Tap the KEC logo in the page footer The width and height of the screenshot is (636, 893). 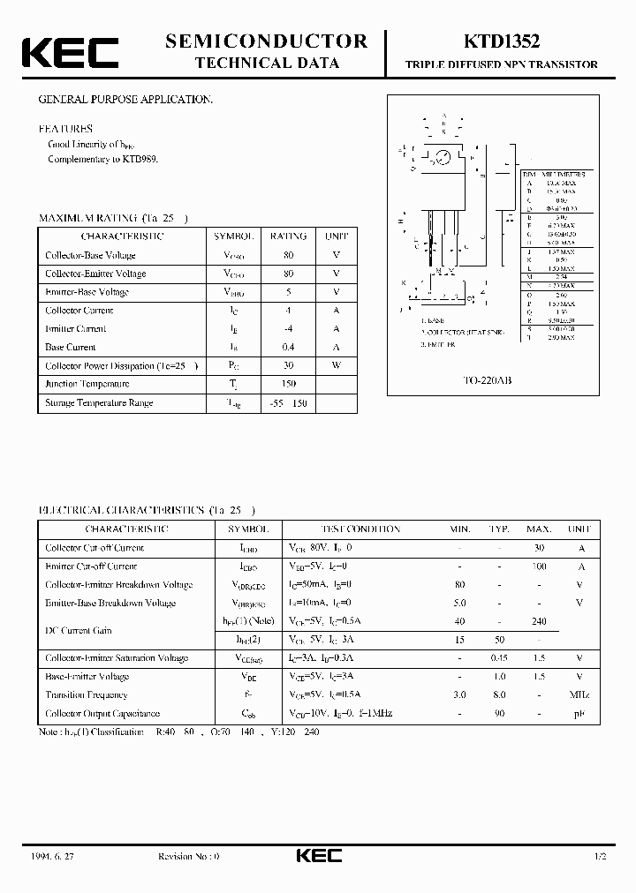(318, 856)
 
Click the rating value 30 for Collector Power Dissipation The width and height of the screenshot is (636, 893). (288, 365)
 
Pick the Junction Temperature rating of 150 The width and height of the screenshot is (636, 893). (288, 384)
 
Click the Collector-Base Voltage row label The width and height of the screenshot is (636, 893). (90, 255)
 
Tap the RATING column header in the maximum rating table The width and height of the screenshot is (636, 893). (288, 236)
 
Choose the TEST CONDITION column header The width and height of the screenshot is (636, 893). (360, 529)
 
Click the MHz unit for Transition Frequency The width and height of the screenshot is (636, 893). (579, 694)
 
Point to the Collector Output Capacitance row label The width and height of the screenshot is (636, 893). (102, 713)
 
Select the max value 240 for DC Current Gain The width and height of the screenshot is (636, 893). (538, 621)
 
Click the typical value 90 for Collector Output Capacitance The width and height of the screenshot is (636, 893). (499, 713)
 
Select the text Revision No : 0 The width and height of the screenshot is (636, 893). (188, 856)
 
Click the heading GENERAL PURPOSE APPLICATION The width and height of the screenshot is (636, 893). (125, 100)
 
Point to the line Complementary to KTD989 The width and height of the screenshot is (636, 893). (102, 159)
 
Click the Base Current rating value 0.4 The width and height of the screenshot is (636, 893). (288, 347)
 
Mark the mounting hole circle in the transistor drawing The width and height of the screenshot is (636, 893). (443, 157)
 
